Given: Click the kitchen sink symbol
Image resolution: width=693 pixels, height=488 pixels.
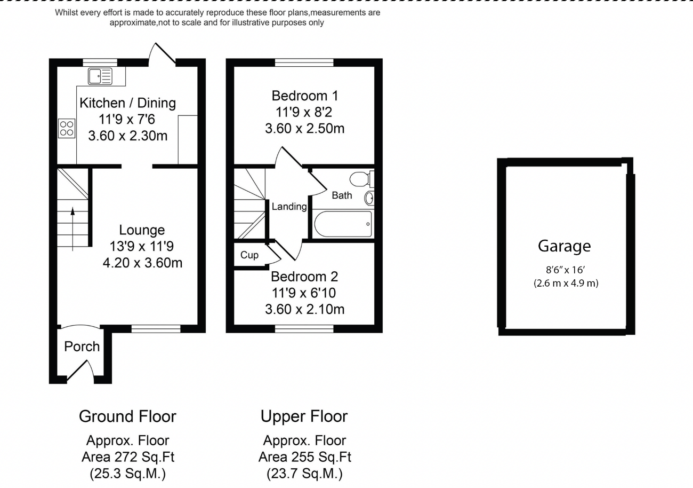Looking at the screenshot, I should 100,76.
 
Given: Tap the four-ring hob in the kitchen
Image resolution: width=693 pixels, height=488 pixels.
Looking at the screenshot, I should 67,129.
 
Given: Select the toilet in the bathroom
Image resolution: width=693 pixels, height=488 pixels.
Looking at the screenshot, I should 360,178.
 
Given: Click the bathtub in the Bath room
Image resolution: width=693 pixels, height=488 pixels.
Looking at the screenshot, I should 343,224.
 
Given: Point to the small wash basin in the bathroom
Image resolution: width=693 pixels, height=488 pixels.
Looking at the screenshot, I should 369,198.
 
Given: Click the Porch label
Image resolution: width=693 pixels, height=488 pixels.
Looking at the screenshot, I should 82,347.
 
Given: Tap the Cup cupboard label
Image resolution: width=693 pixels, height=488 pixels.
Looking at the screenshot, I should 249,255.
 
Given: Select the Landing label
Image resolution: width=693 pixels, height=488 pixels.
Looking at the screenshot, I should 289,207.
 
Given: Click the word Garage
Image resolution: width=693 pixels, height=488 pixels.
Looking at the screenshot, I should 565,246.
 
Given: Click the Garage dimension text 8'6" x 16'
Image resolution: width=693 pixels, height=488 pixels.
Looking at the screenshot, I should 566,271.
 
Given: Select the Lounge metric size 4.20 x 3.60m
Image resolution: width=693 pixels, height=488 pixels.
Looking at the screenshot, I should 142,263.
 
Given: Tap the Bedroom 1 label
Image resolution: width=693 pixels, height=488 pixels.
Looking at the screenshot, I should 304,96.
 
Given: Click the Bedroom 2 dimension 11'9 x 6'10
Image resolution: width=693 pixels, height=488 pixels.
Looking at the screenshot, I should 304,293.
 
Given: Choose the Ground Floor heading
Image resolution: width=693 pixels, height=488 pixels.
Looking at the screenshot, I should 127,416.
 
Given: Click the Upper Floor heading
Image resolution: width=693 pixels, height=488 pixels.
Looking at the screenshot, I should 304,416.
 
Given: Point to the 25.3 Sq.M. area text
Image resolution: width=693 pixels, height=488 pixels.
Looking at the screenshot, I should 127,474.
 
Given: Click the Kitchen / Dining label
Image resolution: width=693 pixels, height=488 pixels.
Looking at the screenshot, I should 127,103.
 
